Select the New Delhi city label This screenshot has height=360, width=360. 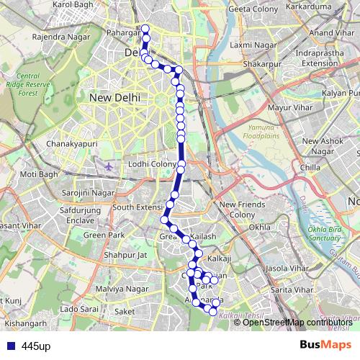[113, 97]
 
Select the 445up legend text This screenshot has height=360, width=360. [36, 346]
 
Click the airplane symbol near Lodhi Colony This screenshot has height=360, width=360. [109, 166]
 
